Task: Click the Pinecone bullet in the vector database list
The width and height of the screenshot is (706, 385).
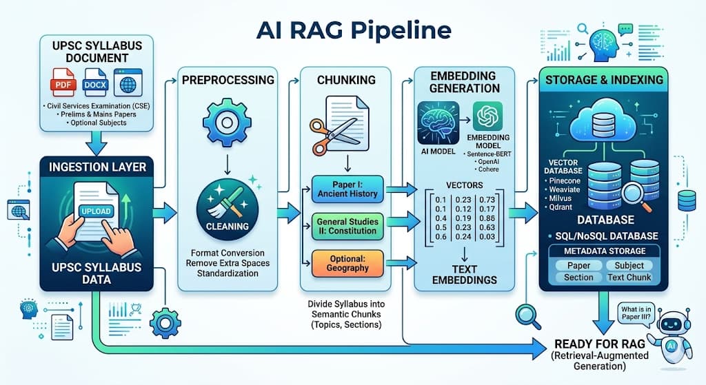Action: [x=564, y=180]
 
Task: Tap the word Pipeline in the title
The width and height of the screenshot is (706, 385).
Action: [x=398, y=30]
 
